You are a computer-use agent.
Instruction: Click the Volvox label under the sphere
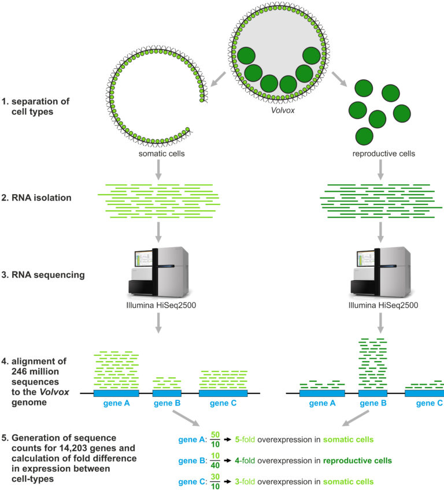(283, 110)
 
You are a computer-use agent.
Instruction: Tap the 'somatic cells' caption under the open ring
(162, 154)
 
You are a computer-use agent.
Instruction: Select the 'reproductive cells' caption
(383, 154)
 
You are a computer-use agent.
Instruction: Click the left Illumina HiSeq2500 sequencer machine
(158, 272)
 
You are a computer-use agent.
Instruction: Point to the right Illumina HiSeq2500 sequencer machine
(380, 272)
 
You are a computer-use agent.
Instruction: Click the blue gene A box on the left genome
(116, 393)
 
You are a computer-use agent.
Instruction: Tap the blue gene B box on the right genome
(373, 393)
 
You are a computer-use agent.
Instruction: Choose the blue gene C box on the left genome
(223, 393)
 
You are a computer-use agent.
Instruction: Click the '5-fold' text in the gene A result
(245, 440)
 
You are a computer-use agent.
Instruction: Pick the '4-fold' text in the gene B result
(245, 460)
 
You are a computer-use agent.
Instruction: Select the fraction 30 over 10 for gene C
(215, 482)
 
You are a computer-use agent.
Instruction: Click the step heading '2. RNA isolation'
(36, 198)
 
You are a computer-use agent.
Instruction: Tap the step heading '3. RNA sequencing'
(43, 275)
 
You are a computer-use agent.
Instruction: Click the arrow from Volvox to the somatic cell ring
(218, 79)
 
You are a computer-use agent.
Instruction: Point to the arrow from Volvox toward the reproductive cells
(339, 79)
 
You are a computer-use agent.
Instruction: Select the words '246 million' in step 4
(35, 371)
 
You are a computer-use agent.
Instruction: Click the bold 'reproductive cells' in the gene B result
(357, 460)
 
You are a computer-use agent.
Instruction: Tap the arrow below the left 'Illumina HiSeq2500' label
(158, 323)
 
